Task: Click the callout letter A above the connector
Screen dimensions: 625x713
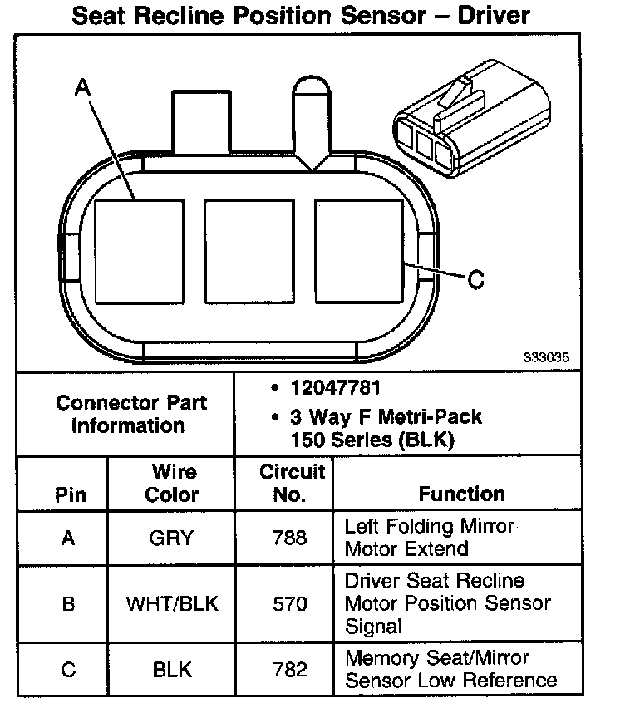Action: pyautogui.click(x=82, y=87)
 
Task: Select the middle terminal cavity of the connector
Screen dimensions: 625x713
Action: pyautogui.click(x=249, y=251)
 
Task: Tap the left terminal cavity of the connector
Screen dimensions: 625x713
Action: pyautogui.click(x=139, y=252)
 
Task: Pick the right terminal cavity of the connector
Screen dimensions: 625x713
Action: pyautogui.click(x=359, y=251)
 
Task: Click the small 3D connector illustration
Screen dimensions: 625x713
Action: pyautogui.click(x=471, y=118)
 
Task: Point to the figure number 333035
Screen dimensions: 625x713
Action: pyautogui.click(x=546, y=357)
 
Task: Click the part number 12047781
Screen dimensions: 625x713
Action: pyautogui.click(x=335, y=388)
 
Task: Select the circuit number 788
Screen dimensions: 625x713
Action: pyautogui.click(x=290, y=538)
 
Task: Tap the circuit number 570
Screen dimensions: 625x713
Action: pyautogui.click(x=290, y=604)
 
